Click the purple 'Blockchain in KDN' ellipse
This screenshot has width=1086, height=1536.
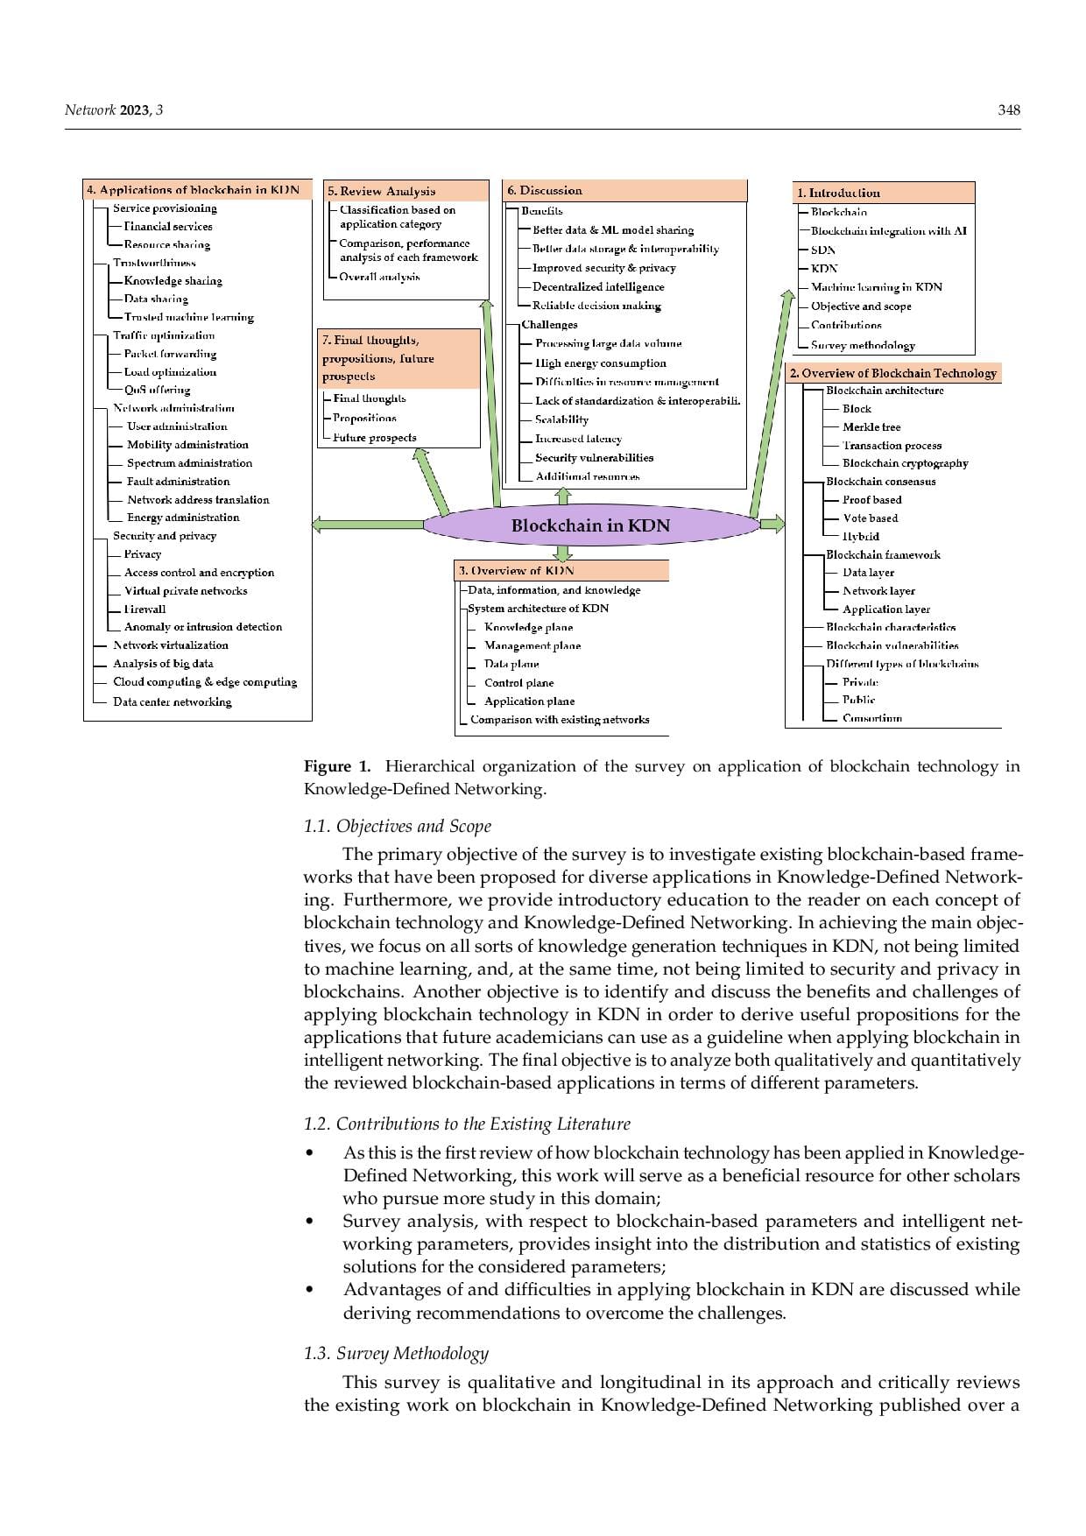pyautogui.click(x=591, y=525)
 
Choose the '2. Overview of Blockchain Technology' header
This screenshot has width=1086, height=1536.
pyautogui.click(x=893, y=373)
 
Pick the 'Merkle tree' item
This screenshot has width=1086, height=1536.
pyautogui.click(x=871, y=427)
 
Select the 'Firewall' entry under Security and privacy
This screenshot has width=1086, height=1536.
pyautogui.click(x=145, y=609)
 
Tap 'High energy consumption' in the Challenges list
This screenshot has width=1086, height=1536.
pyautogui.click(x=601, y=363)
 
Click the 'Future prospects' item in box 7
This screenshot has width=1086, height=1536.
pyautogui.click(x=375, y=438)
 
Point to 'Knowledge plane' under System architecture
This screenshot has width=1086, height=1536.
pyautogui.click(x=529, y=627)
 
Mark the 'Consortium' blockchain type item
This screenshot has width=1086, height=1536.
pyautogui.click(x=872, y=718)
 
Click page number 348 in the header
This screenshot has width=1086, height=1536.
pyautogui.click(x=1009, y=110)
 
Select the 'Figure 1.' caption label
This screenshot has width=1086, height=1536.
pyautogui.click(x=337, y=766)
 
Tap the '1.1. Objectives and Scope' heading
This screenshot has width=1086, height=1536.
pyautogui.click(x=397, y=826)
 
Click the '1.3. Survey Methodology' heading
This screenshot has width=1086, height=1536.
pyautogui.click(x=396, y=1353)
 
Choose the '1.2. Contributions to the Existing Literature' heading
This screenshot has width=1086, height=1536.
pyautogui.click(x=467, y=1124)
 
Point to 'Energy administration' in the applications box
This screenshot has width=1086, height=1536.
pyautogui.click(x=183, y=518)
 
